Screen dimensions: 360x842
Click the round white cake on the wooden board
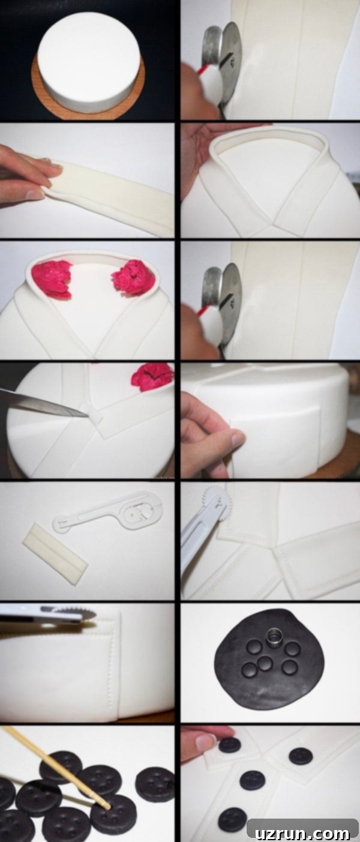[x=89, y=60]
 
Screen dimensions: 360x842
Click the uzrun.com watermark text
[x=302, y=833]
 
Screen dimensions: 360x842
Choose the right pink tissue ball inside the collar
[x=132, y=279]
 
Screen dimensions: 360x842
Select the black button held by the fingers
[x=230, y=745]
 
